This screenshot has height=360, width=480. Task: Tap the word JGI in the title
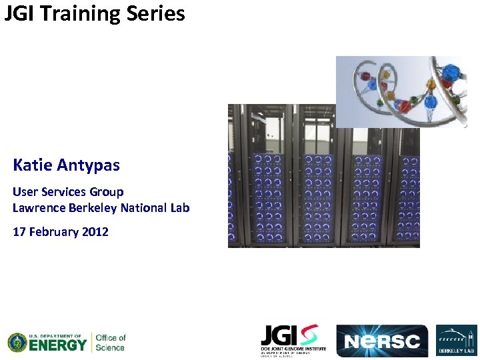click(x=20, y=13)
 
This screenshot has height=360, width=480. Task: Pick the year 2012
click(x=95, y=232)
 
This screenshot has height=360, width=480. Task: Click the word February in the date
click(x=54, y=232)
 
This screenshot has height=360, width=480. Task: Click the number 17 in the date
click(x=19, y=232)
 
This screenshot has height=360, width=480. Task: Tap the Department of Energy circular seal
click(x=17, y=343)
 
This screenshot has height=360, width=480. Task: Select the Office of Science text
click(x=111, y=343)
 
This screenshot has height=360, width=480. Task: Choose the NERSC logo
click(x=381, y=341)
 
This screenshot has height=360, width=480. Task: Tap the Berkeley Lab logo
click(x=457, y=341)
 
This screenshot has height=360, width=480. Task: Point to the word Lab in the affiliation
click(x=179, y=208)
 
